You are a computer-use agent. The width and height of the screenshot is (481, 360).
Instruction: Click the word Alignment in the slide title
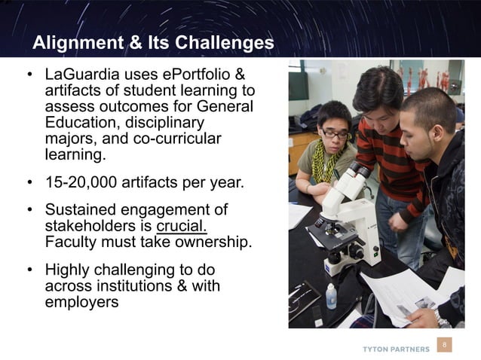tap(72, 42)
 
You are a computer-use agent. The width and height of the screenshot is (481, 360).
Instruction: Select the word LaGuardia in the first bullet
tap(81, 75)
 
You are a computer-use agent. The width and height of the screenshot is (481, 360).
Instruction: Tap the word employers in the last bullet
tap(81, 303)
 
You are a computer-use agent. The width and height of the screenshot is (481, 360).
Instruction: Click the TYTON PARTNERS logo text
tap(397, 349)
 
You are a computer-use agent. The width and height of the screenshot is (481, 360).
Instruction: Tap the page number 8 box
tap(445, 346)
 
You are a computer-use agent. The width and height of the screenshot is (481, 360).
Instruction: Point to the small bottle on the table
tap(331, 295)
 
